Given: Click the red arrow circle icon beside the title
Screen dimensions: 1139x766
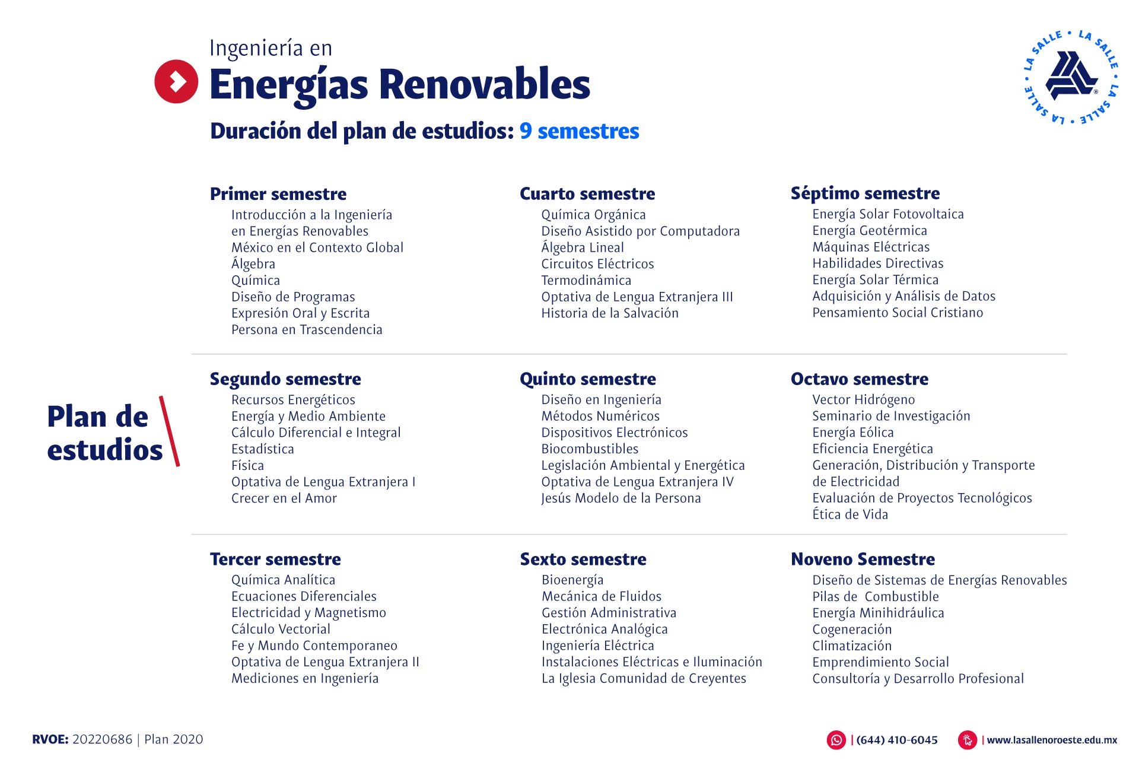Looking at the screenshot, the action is pos(176,81).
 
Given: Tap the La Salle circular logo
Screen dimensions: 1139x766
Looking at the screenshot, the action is pos(1071,77).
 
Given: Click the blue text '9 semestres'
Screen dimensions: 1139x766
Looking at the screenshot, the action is pos(579,131).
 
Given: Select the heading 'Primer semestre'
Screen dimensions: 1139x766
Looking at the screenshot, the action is pos(278,194).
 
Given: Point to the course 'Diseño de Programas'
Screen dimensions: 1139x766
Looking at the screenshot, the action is pos(293,297).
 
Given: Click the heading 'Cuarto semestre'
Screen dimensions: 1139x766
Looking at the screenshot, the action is pos(587,194).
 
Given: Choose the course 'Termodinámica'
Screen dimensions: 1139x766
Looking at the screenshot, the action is pos(586,280).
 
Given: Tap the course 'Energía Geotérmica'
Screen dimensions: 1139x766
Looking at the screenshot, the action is pos(870,231).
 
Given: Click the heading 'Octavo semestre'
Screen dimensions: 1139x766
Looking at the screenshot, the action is pos(860,379).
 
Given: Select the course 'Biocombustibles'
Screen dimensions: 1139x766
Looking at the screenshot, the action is pos(590,449).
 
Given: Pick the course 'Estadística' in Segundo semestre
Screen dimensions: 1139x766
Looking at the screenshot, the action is pos(262,449).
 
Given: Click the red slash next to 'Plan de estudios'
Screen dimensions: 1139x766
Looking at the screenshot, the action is pos(169,431).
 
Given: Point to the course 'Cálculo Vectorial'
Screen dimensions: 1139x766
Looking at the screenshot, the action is pos(281,629).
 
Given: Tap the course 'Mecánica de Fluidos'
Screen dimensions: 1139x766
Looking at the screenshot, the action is pos(602,596).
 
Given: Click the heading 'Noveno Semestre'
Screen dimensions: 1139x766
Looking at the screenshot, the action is pos(863,559).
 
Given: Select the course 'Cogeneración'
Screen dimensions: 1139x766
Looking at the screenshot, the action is pos(852,630).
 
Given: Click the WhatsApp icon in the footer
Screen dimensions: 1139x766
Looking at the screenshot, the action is pos(836,740).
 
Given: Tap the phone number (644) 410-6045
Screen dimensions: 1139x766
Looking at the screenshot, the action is pos(897,740).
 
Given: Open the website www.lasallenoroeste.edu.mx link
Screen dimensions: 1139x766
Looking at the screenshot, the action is pos(1052,740).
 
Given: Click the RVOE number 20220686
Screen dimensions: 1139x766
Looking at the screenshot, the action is pos(102,739).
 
